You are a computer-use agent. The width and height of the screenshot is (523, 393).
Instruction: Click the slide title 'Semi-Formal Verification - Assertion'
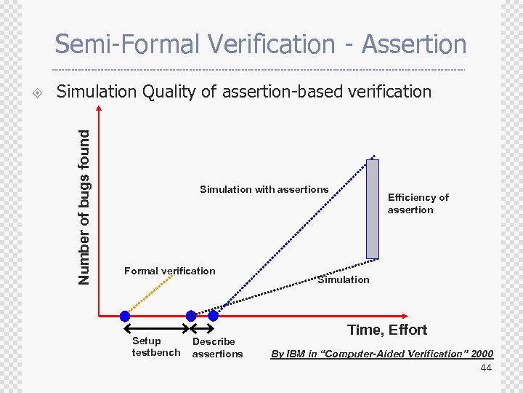pyautogui.click(x=261, y=44)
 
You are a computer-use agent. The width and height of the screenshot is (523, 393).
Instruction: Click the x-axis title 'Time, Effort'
pyautogui.click(x=386, y=330)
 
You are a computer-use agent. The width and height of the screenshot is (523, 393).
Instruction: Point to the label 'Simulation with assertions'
pyautogui.click(x=264, y=189)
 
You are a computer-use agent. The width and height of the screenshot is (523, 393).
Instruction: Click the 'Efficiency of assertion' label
pyautogui.click(x=418, y=204)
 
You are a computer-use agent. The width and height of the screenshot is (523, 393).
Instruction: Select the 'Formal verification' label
pyautogui.click(x=169, y=271)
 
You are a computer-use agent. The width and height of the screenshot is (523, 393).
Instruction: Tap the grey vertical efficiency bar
pyautogui.click(x=373, y=209)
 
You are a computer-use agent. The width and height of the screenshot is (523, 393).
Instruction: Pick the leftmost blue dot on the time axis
pyautogui.click(x=125, y=316)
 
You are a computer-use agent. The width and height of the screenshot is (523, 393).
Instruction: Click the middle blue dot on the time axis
pyautogui.click(x=191, y=316)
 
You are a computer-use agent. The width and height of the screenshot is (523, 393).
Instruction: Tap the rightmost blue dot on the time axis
pyautogui.click(x=213, y=316)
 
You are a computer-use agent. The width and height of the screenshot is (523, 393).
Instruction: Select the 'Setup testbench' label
pyautogui.click(x=155, y=347)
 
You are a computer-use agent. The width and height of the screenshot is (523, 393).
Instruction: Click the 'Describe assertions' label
pyautogui.click(x=217, y=347)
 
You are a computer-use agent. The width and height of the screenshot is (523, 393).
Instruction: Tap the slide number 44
pyautogui.click(x=486, y=369)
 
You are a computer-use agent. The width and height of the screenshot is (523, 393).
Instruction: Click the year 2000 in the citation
pyautogui.click(x=482, y=354)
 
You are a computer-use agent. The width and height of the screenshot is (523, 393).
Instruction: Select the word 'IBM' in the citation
pyautogui.click(x=296, y=354)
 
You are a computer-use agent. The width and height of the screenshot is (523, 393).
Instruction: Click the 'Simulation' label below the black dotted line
pyautogui.click(x=343, y=279)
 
